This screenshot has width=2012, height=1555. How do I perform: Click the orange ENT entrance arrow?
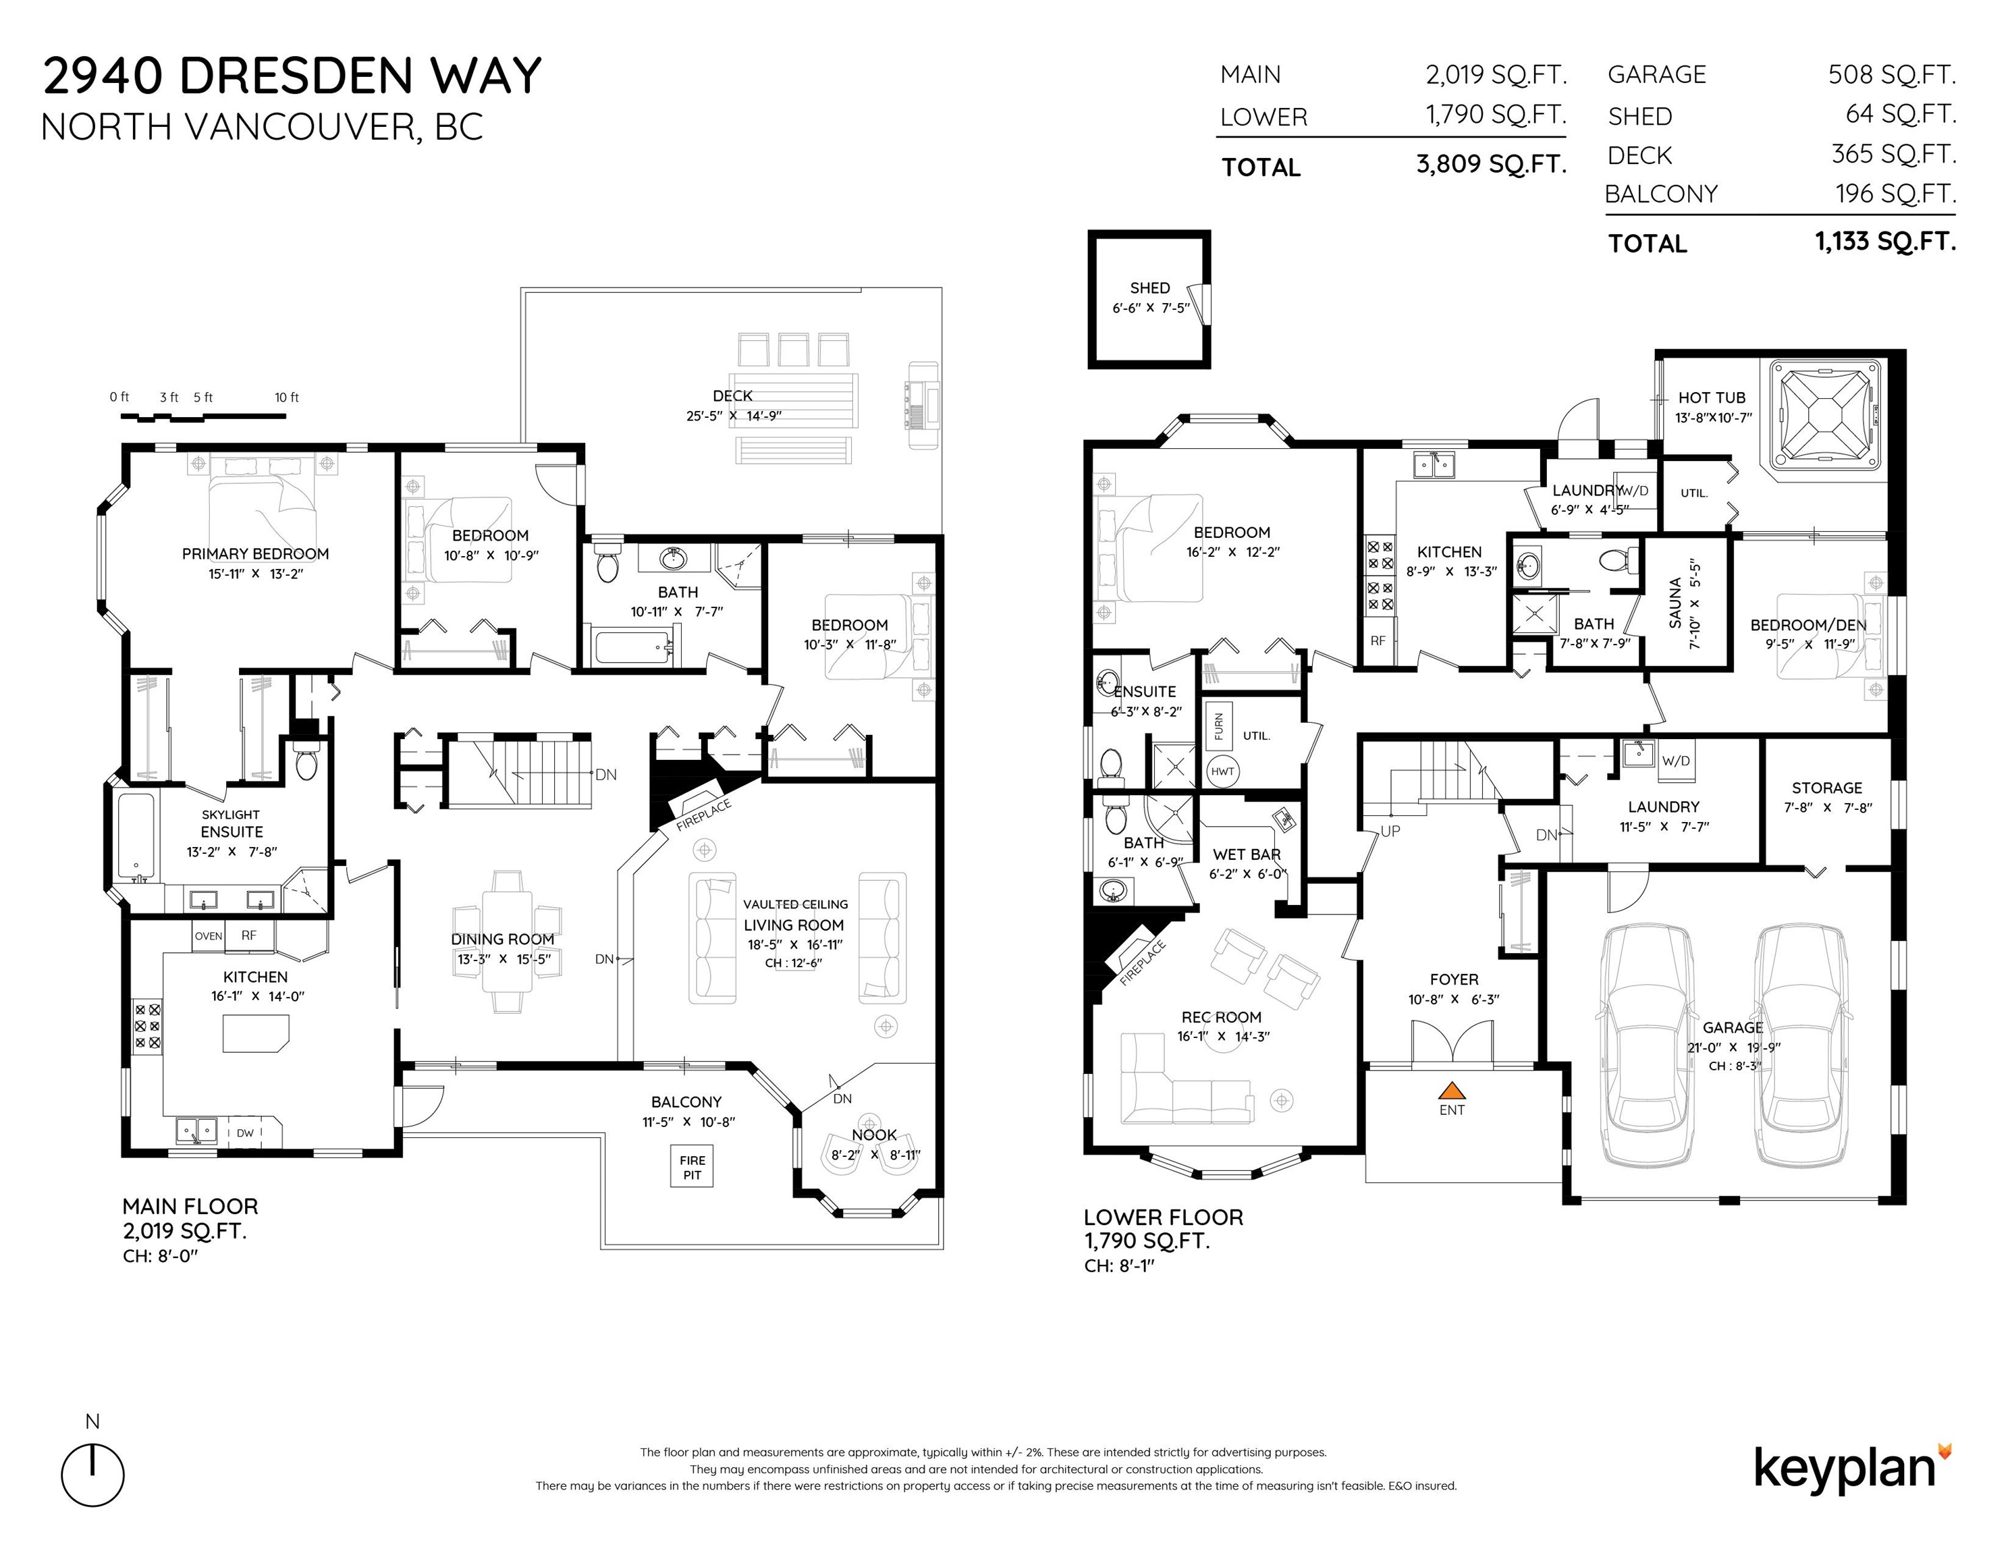(1452, 1091)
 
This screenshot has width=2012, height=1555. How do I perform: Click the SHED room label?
(1149, 288)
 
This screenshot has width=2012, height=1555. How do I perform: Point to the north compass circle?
(93, 1476)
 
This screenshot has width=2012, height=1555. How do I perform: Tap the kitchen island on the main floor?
(255, 1033)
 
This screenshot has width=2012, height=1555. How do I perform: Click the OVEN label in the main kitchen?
(208, 936)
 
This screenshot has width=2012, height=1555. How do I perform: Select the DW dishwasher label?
(245, 1133)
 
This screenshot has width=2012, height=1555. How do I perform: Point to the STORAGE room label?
(1827, 788)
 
